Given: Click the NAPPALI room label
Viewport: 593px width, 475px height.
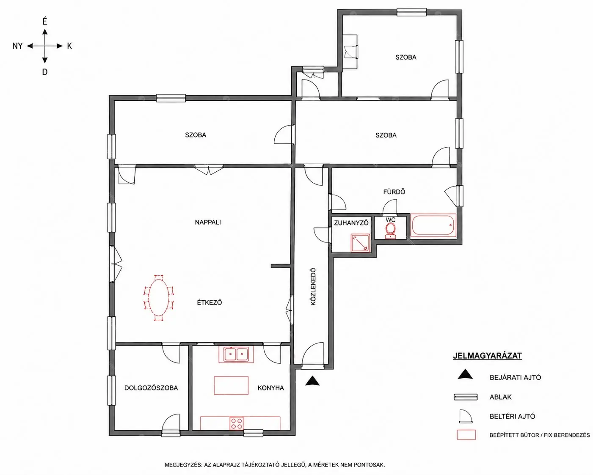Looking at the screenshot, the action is pos(208,222).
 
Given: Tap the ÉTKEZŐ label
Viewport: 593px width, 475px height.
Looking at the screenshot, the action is pos(210,302).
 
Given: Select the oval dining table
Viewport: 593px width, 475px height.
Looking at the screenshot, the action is pos(158,298).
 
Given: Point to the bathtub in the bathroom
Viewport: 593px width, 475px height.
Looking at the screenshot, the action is pos(433,225).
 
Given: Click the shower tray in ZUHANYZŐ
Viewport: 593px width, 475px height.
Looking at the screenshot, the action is pos(360,243).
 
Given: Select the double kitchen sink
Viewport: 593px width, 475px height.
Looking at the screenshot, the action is pos(236,354).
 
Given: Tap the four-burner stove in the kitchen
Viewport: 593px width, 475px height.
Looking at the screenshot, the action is pos(237,423).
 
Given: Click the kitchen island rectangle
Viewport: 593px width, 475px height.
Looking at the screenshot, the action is pos(231,385).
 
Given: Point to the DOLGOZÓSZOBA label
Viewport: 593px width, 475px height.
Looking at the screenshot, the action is pos(151,388).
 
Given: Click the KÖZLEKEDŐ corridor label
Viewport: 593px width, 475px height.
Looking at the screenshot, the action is pos(313,286).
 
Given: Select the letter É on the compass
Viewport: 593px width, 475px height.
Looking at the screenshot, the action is pos(45,22).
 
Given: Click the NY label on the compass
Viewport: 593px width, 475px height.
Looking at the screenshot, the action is pos(17,46).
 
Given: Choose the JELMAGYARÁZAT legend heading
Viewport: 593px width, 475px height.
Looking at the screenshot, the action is pos(487,356).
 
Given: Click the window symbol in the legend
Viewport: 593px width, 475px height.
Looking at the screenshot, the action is pos(466,397).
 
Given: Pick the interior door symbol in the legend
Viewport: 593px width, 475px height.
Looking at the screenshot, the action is pos(466,416).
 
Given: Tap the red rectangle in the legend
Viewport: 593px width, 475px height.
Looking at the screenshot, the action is pos(466,435).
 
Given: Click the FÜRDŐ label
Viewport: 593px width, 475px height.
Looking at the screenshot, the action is pos(394,192).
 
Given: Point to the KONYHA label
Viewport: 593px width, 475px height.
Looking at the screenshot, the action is pos(270,388).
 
